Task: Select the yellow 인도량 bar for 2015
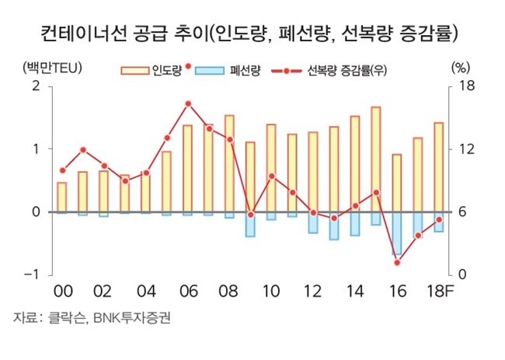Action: click(376, 159)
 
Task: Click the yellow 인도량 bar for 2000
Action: click(62, 197)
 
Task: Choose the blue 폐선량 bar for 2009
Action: click(250, 224)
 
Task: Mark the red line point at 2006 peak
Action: click(188, 103)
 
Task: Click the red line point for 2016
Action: click(397, 262)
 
